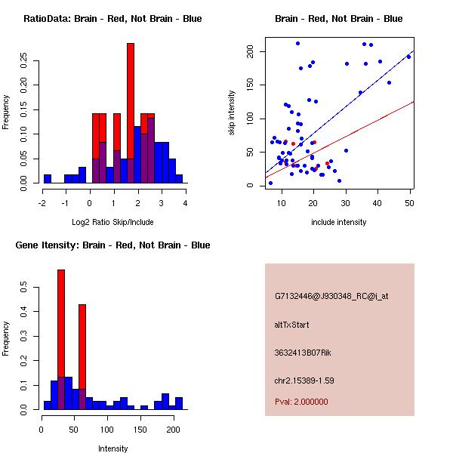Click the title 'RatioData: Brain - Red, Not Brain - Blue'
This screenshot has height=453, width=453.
pos(112,19)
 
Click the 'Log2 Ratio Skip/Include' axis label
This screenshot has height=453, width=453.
pos(112,222)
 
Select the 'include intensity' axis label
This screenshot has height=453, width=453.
pos(339,222)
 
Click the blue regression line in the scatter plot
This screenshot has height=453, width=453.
pos(355,91)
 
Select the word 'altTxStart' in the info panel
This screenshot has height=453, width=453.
pos(292,325)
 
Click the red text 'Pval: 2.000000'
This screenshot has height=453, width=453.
pos(301,402)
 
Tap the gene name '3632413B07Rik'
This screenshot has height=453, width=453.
pos(303,353)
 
